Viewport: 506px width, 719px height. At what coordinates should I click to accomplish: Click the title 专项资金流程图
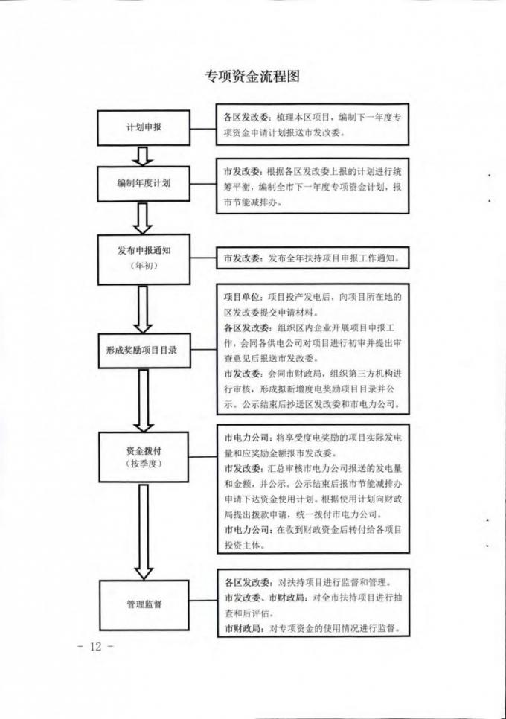click(252, 76)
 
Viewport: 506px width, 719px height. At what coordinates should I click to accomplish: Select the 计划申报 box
click(144, 128)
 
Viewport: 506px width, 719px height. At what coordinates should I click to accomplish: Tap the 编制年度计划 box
click(144, 183)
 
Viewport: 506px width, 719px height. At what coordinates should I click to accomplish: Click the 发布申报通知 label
click(144, 250)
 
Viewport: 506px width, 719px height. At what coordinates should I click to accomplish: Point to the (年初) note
click(144, 265)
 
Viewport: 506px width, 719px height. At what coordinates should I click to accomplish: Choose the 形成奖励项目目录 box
click(144, 351)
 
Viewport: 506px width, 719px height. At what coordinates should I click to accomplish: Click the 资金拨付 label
click(144, 450)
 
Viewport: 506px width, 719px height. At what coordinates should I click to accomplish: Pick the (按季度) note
click(144, 464)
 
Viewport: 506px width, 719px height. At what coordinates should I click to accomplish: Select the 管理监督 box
click(144, 605)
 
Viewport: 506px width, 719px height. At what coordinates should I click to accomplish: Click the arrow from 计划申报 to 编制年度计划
click(143, 156)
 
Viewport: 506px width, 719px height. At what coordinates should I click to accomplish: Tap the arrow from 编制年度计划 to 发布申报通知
click(143, 219)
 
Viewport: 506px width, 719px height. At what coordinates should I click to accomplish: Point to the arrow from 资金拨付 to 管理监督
click(144, 531)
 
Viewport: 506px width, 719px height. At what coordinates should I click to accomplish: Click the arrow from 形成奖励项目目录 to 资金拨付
click(144, 400)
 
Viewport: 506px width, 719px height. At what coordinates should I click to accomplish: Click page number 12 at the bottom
click(95, 647)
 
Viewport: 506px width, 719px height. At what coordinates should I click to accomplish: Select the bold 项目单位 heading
click(242, 297)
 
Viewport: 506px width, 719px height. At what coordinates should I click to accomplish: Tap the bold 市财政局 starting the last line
click(243, 629)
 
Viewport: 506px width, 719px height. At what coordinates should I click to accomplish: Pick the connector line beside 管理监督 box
click(203, 601)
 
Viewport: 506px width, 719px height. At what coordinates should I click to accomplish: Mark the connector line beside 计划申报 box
click(203, 128)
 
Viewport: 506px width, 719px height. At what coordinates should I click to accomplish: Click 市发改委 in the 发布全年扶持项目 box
click(242, 258)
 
